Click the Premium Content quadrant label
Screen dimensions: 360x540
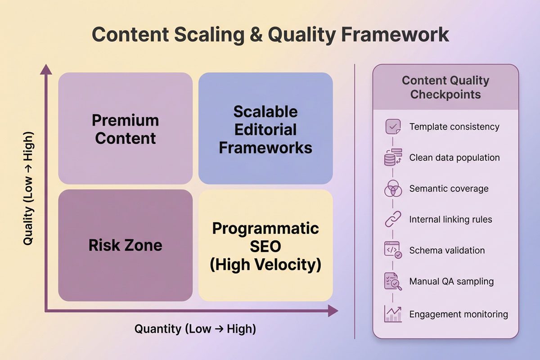125,129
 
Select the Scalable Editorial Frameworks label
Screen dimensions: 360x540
265,130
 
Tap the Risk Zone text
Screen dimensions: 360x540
125,245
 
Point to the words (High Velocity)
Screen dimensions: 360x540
265,265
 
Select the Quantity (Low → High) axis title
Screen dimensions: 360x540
195,329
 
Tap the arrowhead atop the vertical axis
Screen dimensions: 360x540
45,70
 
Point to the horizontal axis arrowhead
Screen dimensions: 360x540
333,310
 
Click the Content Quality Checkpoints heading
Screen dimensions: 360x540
445,87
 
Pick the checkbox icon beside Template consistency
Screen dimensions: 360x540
393,126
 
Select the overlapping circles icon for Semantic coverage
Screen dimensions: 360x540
393,189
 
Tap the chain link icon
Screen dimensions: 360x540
393,220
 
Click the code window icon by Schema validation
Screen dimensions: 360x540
393,250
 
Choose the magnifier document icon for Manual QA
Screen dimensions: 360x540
393,282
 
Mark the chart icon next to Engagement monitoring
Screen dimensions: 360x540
393,314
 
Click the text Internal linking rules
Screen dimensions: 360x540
450,220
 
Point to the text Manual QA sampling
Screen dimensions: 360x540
451,282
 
